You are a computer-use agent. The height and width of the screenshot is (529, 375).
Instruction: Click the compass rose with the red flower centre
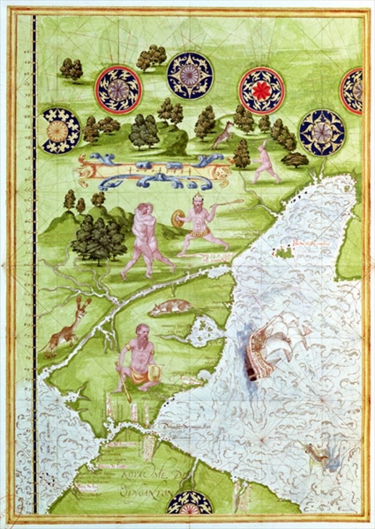point(261,91)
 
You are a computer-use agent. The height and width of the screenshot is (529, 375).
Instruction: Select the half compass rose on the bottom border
point(189,503)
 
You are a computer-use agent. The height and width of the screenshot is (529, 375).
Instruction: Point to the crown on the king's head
point(198,197)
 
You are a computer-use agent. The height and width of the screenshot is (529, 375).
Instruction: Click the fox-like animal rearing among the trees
point(223,135)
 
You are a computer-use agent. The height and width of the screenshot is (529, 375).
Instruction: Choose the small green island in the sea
point(284,253)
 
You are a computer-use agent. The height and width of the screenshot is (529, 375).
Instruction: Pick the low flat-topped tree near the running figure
point(295,160)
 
